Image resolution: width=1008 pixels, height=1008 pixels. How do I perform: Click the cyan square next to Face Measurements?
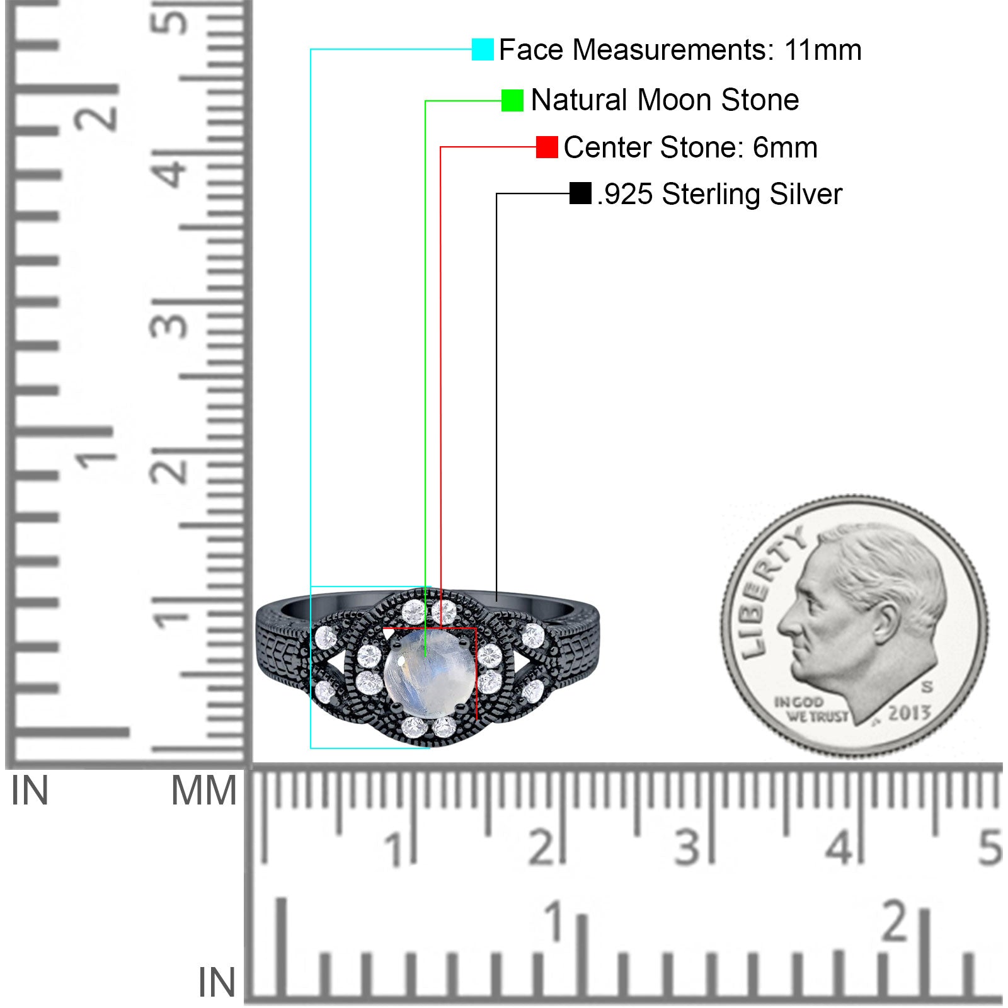pyautogui.click(x=483, y=50)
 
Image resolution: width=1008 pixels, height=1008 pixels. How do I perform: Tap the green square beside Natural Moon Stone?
pyautogui.click(x=512, y=100)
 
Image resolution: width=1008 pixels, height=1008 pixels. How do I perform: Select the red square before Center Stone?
pyautogui.click(x=547, y=147)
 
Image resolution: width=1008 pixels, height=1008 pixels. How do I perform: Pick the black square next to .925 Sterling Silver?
pyautogui.click(x=580, y=193)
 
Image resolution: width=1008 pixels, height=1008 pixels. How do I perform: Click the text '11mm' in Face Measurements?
pyautogui.click(x=823, y=50)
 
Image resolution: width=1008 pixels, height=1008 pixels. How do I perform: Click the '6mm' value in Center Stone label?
pyautogui.click(x=785, y=147)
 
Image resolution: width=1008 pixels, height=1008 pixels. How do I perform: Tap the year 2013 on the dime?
pyautogui.click(x=909, y=713)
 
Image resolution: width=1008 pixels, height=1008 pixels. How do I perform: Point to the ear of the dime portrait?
pyautogui.click(x=885, y=622)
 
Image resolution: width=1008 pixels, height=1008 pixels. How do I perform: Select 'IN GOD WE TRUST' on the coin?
pyautogui.click(x=811, y=709)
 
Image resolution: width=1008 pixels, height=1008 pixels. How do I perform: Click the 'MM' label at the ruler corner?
pyautogui.click(x=204, y=791)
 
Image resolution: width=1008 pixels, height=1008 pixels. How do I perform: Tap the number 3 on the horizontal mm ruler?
pyautogui.click(x=687, y=847)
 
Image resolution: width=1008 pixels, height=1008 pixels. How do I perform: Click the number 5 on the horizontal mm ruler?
pyautogui.click(x=990, y=847)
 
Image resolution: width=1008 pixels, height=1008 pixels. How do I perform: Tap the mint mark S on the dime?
pyautogui.click(x=927, y=687)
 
